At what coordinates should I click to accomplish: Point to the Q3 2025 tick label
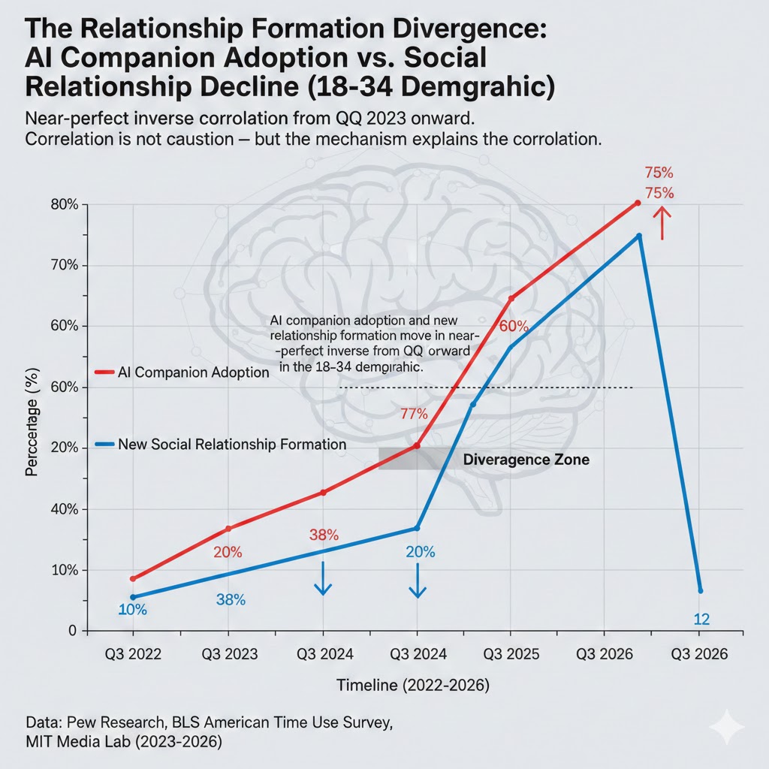tap(511, 654)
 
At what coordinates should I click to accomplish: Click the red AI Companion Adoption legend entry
tap(183, 372)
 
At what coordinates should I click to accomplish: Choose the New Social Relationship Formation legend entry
tap(222, 445)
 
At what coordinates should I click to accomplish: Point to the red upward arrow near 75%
tap(662, 222)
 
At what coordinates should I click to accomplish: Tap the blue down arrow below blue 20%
tap(418, 581)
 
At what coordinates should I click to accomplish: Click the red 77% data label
tap(413, 414)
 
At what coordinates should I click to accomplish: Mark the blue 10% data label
tap(133, 610)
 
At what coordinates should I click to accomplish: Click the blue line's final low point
tap(700, 590)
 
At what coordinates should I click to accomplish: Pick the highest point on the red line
tap(638, 203)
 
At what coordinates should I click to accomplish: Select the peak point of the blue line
tap(639, 236)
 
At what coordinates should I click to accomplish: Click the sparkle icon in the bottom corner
tap(727, 727)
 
